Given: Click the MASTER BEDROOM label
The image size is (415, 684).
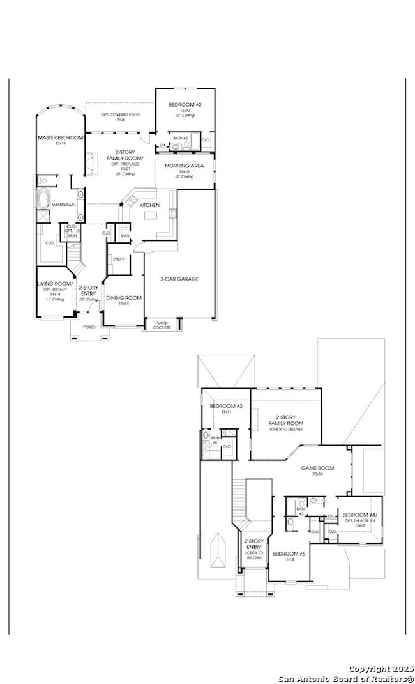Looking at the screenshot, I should pyautogui.click(x=60, y=137).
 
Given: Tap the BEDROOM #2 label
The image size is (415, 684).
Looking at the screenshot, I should pyautogui.click(x=185, y=104).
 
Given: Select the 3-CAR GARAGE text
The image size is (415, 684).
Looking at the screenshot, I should pyautogui.click(x=179, y=279).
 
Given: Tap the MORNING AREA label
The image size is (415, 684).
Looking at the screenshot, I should pyautogui.click(x=184, y=166).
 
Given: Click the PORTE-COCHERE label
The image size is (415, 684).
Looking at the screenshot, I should pyautogui.click(x=163, y=325).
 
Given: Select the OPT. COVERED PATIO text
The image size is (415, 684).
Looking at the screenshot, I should pyautogui.click(x=121, y=114).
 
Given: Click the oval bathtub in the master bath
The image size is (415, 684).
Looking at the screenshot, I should pyautogui.click(x=43, y=199).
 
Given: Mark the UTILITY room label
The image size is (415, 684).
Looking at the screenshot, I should pyautogui.click(x=119, y=259).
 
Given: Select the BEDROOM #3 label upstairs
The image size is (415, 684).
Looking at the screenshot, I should pyautogui.click(x=225, y=407).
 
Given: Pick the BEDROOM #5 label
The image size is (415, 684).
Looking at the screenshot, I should pyautogui.click(x=289, y=553).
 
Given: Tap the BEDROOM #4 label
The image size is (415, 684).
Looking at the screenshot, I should pyautogui.click(x=359, y=515).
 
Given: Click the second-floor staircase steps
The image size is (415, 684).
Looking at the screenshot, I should pyautogui.click(x=239, y=499).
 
